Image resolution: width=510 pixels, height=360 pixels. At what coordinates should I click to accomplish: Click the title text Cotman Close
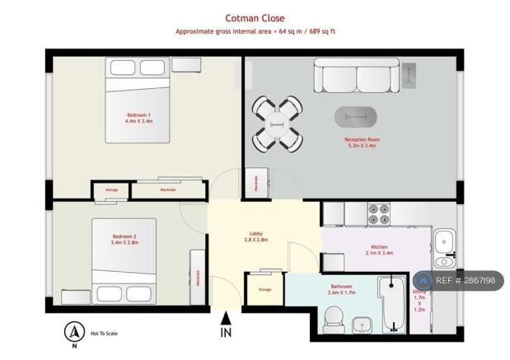255,16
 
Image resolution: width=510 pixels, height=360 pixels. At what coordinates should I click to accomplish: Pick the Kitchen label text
379,246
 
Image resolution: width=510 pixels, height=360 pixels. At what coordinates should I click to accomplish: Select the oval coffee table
358,117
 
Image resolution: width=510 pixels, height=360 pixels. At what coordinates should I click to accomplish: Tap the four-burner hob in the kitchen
380,214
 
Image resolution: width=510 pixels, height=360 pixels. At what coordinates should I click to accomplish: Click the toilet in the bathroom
335,317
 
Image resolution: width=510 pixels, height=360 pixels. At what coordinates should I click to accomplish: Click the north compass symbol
74,333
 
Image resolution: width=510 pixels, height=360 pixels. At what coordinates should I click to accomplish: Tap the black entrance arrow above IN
227,317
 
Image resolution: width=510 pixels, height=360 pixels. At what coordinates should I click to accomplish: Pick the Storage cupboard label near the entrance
265,290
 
